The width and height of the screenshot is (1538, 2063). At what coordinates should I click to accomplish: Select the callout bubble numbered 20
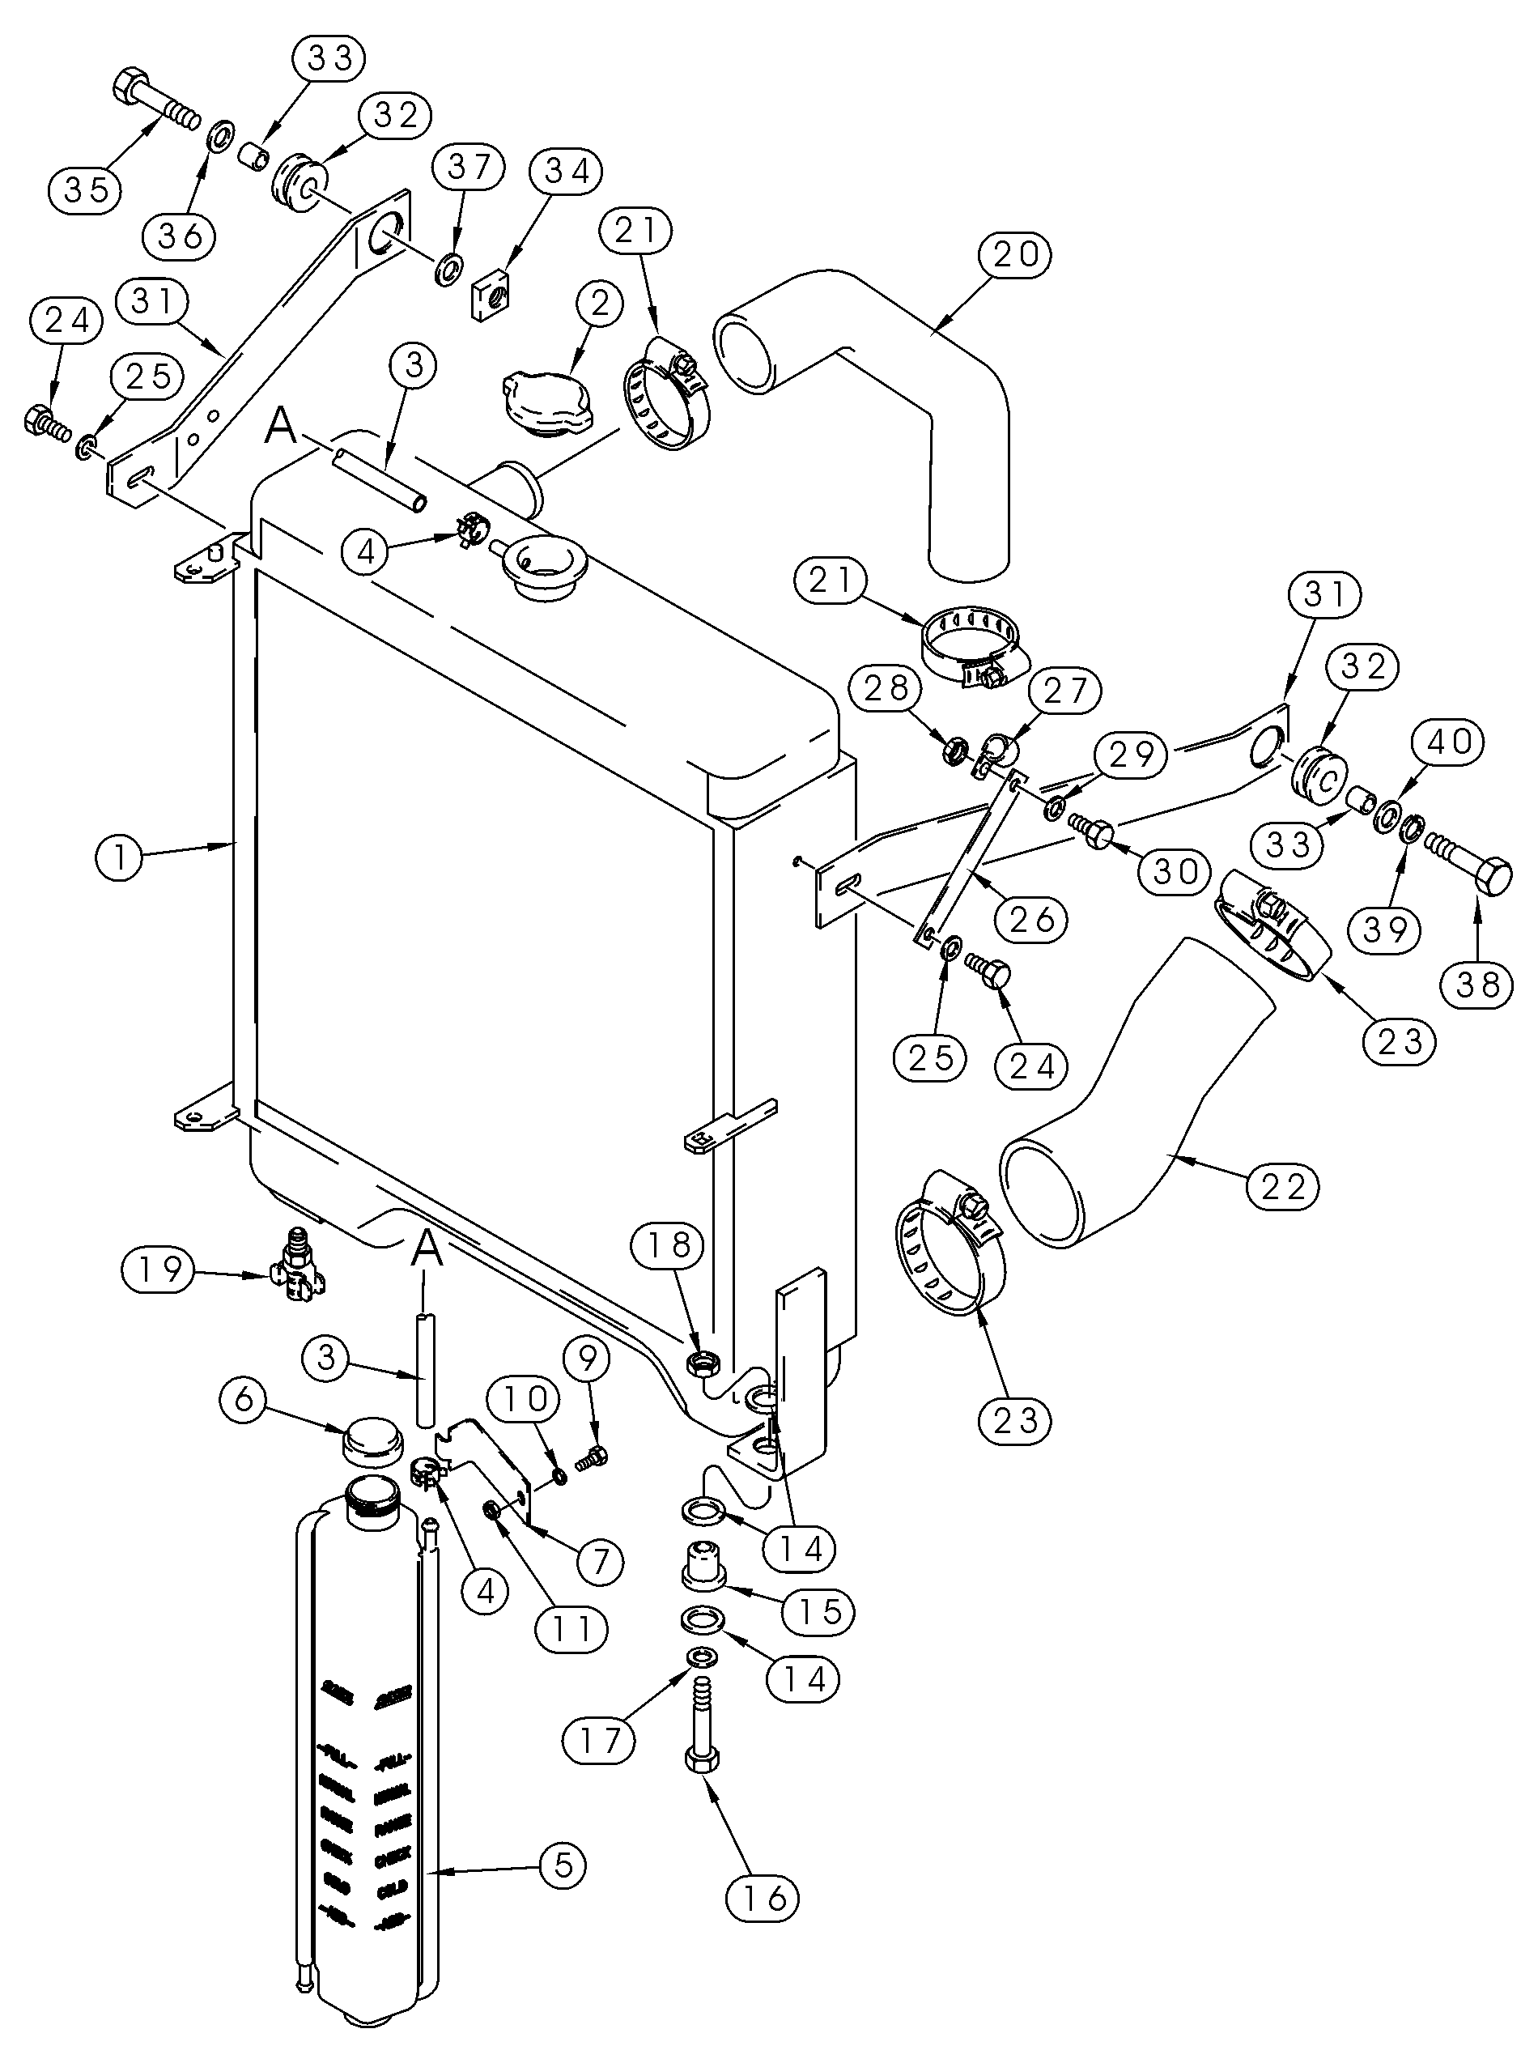pyautogui.click(x=1015, y=253)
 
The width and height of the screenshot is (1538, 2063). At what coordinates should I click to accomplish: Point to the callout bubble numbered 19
pyautogui.click(x=159, y=1269)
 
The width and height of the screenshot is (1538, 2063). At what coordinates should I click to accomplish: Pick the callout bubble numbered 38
pyautogui.click(x=1478, y=984)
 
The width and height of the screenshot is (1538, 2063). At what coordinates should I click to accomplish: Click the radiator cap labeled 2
pyautogui.click(x=546, y=399)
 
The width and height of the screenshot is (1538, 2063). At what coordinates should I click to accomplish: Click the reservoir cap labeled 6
pyautogui.click(x=372, y=1445)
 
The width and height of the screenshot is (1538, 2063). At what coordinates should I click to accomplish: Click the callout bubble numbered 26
pyautogui.click(x=1031, y=920)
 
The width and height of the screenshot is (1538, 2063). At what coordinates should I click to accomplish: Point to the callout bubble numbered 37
pyautogui.click(x=469, y=168)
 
